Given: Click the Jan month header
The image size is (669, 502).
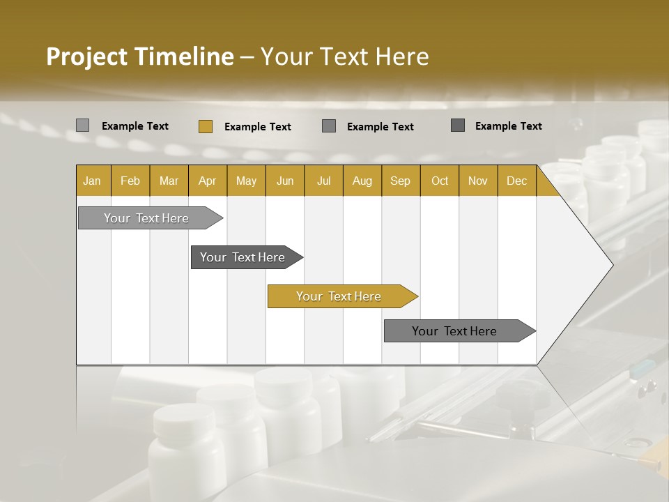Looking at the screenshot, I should pyautogui.click(x=92, y=181).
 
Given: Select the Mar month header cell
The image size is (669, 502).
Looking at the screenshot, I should pyautogui.click(x=169, y=181).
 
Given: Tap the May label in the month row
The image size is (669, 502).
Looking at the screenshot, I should pyautogui.click(x=246, y=181).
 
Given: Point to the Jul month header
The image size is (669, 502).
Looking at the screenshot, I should pyautogui.click(x=323, y=181).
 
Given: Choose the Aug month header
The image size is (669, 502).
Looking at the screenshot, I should pyautogui.click(x=362, y=181).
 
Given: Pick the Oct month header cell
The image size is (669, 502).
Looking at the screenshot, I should pyautogui.click(x=440, y=181).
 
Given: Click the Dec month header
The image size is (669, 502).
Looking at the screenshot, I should pyautogui.click(x=516, y=181).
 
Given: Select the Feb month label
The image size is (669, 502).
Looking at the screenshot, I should pyautogui.click(x=130, y=181).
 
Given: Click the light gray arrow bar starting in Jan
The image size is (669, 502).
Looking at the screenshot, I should pyautogui.click(x=146, y=218).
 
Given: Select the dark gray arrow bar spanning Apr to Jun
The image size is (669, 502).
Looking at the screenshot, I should pyautogui.click(x=243, y=257).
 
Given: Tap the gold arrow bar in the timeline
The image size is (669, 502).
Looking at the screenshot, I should pyautogui.click(x=339, y=296).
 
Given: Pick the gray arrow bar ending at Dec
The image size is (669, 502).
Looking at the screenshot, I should pyautogui.click(x=454, y=331).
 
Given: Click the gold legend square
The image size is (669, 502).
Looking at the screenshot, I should pyautogui.click(x=205, y=126).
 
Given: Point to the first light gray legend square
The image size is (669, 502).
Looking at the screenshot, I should pyautogui.click(x=82, y=125).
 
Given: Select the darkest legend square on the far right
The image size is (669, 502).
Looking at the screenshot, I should pyautogui.click(x=458, y=125).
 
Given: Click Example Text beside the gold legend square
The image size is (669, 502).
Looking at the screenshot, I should pyautogui.click(x=258, y=127).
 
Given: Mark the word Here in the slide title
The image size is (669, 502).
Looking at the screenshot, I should pyautogui.click(x=402, y=56).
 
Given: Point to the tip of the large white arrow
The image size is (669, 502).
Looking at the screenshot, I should pyautogui.click(x=611, y=265).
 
